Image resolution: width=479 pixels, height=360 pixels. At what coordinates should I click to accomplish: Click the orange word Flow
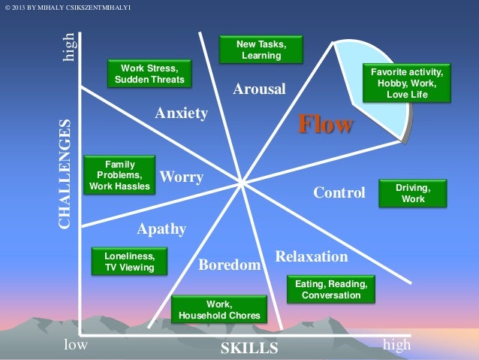tap(325, 124)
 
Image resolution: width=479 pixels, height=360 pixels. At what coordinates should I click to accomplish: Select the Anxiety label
tap(181, 113)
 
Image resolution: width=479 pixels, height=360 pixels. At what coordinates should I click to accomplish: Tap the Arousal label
tap(259, 89)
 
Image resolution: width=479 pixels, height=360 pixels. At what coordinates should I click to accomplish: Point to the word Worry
tap(182, 177)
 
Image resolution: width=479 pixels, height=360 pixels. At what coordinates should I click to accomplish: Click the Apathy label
tap(161, 229)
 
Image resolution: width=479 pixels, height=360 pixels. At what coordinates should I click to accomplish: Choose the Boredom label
tap(229, 265)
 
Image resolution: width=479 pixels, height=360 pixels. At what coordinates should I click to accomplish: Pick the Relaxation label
tap(312, 257)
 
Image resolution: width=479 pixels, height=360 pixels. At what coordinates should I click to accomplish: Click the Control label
tap(339, 193)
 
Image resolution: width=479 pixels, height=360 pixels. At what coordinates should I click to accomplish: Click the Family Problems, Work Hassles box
tap(119, 174)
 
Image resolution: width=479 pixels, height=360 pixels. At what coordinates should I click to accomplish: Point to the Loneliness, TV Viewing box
tap(129, 261)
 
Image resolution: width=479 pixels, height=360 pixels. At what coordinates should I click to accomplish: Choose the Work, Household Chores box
tap(218, 310)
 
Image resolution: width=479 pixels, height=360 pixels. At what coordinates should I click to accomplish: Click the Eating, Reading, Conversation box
tap(330, 289)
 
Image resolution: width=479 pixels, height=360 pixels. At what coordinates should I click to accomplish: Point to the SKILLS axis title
tap(249, 348)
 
